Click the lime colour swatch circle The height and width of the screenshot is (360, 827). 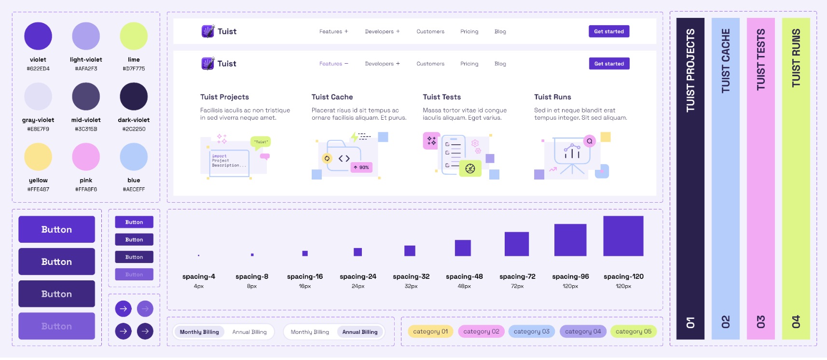tap(134, 36)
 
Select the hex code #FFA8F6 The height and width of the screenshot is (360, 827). tap(86, 189)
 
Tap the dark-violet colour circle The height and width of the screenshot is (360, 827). tap(134, 97)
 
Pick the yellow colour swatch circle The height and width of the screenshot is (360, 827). tap(38, 157)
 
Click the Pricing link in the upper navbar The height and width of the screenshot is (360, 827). tap(469, 31)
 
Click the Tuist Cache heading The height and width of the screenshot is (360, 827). tap(332, 97)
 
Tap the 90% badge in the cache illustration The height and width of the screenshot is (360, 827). tap(361, 167)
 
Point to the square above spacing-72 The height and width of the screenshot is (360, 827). tap(516, 244)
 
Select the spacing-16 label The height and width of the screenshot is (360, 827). tap(305, 277)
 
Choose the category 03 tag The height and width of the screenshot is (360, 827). tap(531, 332)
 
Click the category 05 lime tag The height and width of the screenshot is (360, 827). tap(633, 332)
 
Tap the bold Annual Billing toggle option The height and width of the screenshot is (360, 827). tap(360, 332)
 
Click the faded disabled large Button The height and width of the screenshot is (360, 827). tap(56, 326)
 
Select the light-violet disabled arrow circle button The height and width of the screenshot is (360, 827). tap(145, 309)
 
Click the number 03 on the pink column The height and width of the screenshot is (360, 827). tap(760, 321)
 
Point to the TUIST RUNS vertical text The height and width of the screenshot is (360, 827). tap(796, 58)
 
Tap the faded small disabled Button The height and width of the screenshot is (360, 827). tap(134, 275)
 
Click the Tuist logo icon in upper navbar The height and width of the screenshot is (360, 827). tap(207, 31)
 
